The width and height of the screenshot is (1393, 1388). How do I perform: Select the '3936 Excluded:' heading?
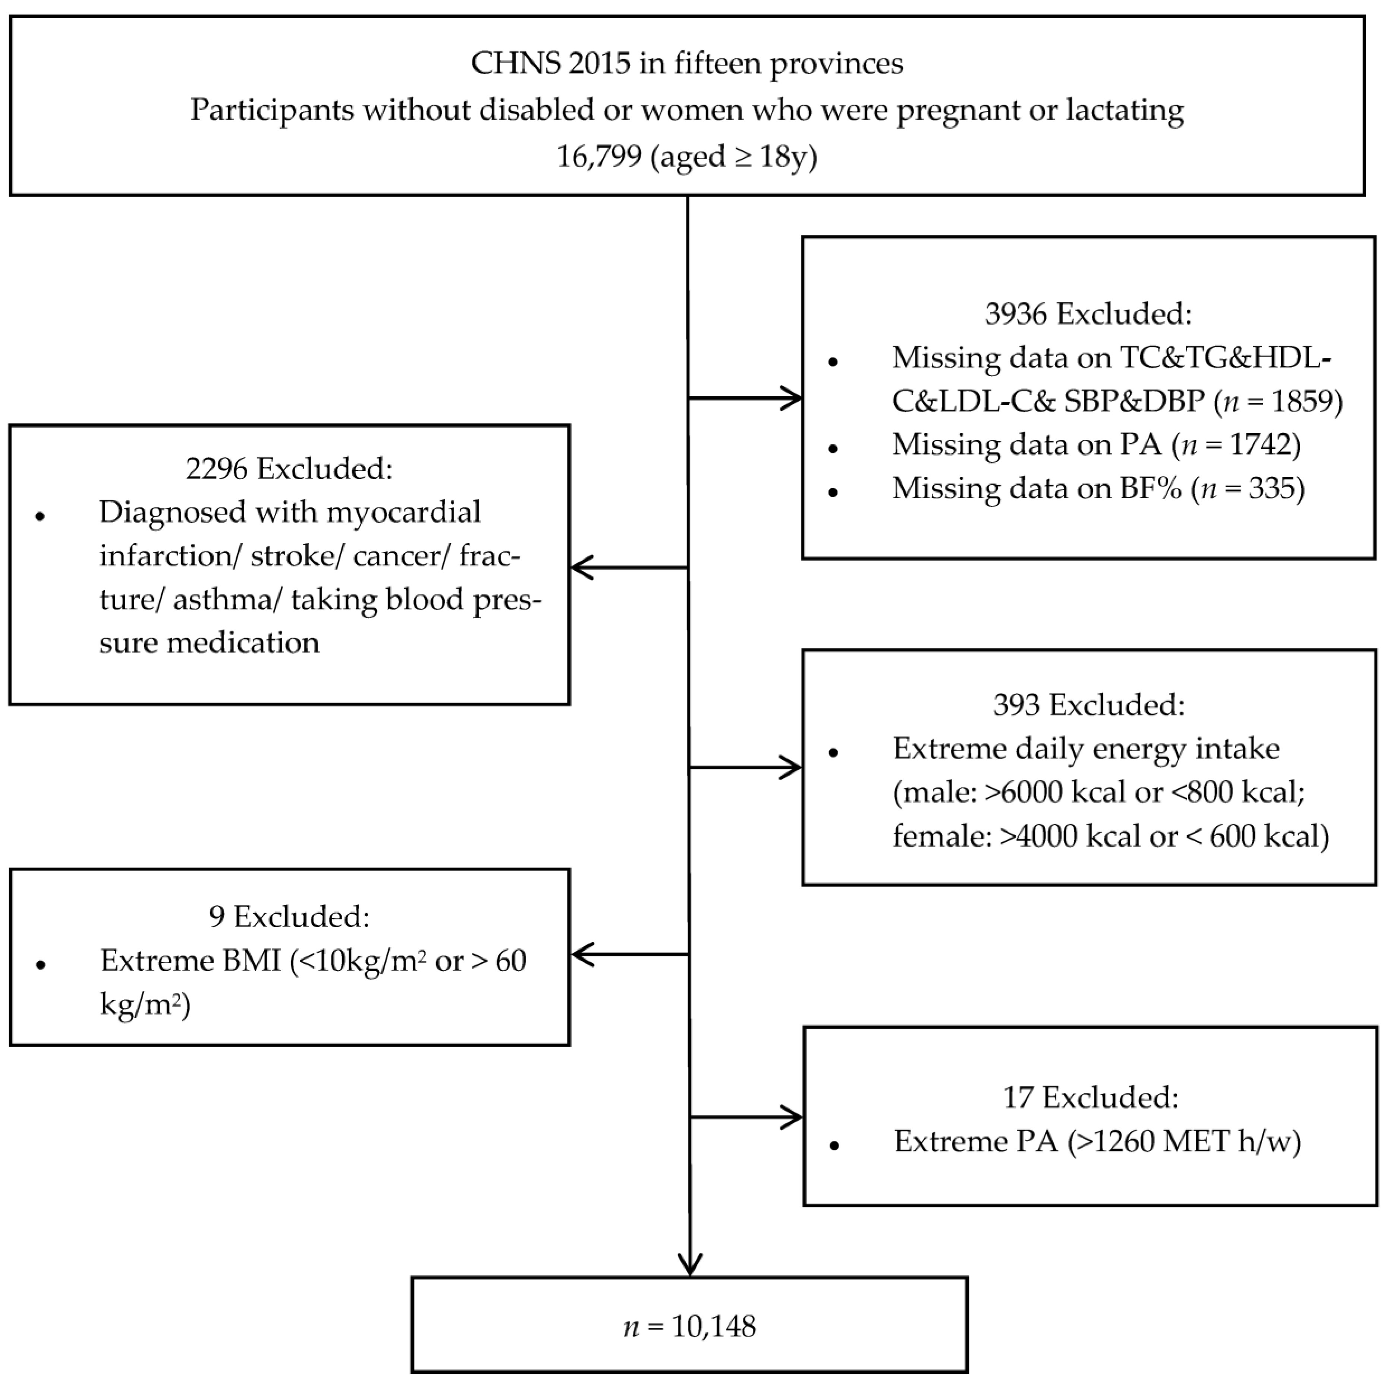click(1089, 314)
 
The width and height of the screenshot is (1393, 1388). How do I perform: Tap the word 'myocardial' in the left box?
click(404, 513)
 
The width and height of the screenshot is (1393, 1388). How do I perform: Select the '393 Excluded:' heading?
click(1089, 705)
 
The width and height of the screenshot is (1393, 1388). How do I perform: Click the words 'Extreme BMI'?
click(191, 960)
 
